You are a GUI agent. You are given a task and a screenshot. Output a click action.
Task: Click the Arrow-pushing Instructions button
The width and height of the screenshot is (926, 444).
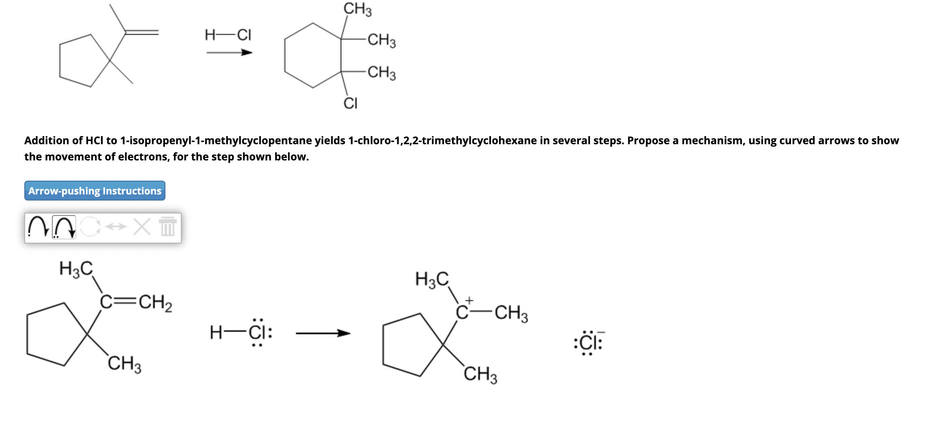94,191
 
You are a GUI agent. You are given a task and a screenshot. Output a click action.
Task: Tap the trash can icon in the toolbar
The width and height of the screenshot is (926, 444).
167,227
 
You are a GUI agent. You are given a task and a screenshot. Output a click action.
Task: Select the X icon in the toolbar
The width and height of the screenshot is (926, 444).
142,227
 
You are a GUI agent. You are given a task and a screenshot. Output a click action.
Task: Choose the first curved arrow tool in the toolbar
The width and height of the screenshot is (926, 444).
38,227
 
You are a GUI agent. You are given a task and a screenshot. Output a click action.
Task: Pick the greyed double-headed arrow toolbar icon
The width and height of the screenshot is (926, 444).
116,227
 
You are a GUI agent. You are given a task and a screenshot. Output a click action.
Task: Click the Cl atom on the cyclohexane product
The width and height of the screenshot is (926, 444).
350,103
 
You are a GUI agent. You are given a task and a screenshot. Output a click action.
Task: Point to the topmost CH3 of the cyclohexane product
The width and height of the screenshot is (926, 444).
357,9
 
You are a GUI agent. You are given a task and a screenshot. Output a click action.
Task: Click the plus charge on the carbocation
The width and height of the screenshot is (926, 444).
469,301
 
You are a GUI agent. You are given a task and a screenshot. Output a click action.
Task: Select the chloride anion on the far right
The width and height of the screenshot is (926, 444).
588,343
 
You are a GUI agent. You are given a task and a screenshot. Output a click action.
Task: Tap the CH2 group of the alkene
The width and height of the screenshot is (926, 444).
155,303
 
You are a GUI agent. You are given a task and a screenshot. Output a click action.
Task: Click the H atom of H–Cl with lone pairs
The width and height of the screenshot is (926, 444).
216,333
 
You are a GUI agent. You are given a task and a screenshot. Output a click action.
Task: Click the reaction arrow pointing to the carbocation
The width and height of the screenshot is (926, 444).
323,333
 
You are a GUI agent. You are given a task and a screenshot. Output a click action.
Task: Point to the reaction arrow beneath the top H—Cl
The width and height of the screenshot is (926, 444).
229,53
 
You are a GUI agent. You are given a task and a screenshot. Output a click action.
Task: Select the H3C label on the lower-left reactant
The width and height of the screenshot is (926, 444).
76,269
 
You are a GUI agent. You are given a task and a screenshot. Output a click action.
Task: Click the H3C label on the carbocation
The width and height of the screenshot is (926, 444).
432,279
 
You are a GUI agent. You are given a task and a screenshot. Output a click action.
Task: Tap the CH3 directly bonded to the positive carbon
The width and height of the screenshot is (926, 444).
511,313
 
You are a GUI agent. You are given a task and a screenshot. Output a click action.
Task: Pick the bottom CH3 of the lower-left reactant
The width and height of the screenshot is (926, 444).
124,363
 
